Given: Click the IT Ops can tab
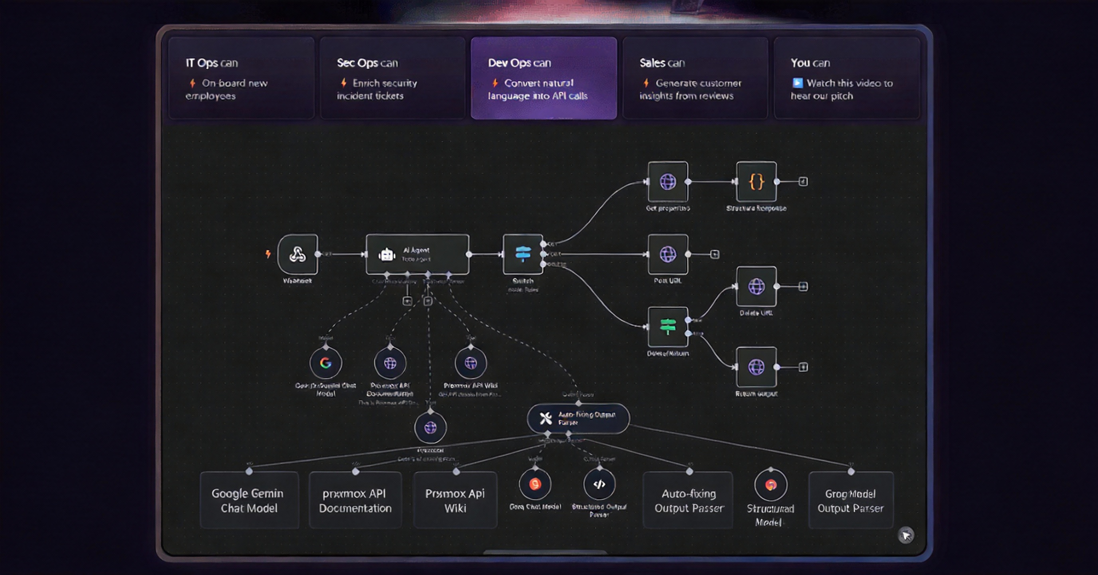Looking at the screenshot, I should (241, 78).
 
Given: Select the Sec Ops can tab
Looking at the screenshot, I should (393, 78).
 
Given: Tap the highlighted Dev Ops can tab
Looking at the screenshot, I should (543, 78).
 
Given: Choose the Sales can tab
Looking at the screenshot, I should (695, 78).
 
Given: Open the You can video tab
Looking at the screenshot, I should (847, 78).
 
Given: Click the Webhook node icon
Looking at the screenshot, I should (298, 254).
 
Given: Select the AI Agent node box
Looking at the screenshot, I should (417, 254).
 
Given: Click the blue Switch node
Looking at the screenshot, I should (523, 254).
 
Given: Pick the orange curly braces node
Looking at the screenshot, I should (756, 182).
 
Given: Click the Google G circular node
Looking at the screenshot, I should (326, 363).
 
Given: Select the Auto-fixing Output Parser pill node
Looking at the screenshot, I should (578, 418).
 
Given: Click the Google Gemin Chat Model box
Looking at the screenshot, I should (249, 500).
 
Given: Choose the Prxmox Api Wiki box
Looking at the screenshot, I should (455, 500).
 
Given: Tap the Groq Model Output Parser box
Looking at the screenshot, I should (850, 500).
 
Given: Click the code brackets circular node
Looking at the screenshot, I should (599, 484).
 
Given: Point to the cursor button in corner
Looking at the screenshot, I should (906, 535).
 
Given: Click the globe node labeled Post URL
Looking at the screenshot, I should (667, 254).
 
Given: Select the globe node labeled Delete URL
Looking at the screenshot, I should (756, 286).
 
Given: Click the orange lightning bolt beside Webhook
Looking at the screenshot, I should (268, 254).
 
